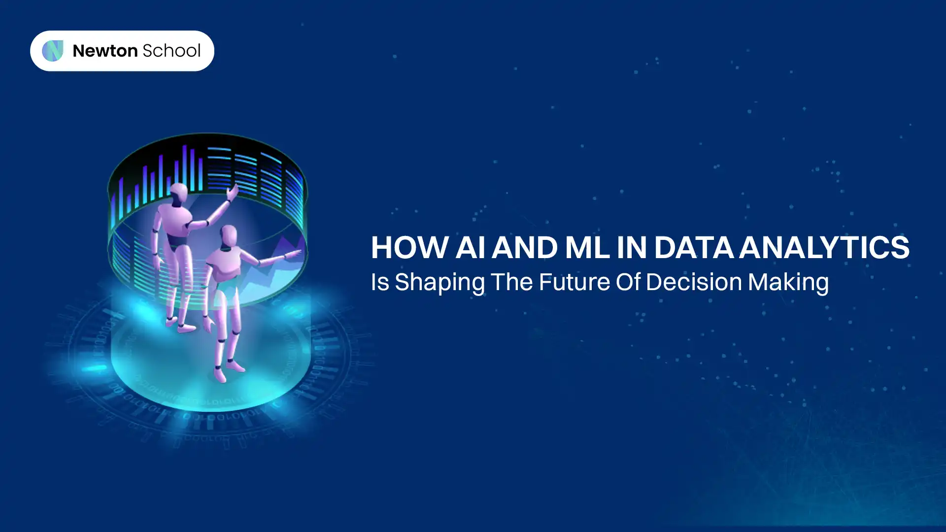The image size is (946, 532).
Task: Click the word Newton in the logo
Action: point(105,51)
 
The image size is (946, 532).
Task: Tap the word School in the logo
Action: point(171,51)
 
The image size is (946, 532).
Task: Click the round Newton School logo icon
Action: point(53,51)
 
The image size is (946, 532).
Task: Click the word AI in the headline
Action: point(470,247)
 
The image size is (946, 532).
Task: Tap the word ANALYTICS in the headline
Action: point(824,247)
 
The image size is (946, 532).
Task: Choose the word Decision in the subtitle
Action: point(694,282)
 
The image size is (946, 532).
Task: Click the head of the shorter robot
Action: point(229,236)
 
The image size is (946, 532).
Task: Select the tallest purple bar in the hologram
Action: point(185,167)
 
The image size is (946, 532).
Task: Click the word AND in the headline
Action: point(525,247)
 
